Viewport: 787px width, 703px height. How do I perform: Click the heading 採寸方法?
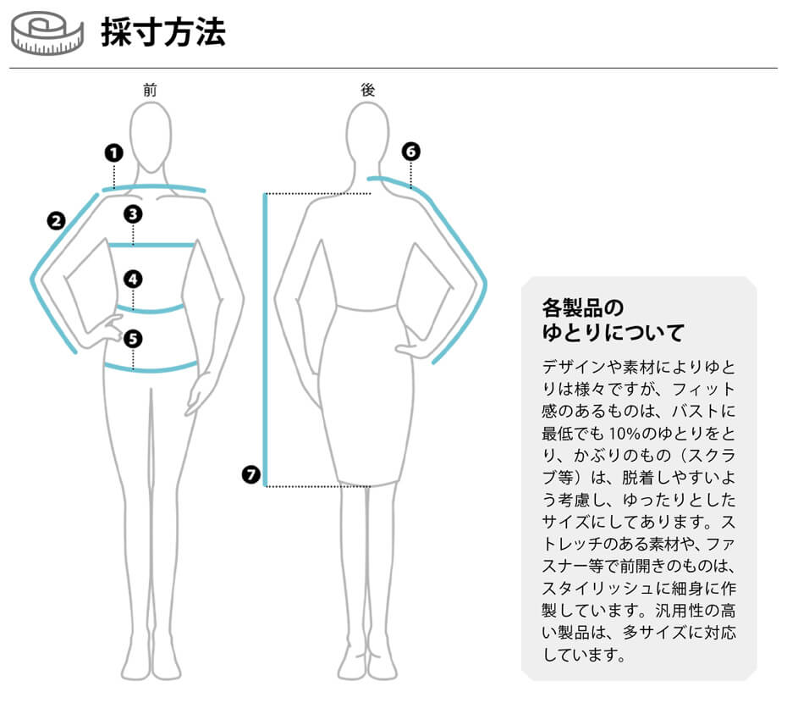click(163, 33)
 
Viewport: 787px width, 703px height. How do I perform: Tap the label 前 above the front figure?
click(151, 91)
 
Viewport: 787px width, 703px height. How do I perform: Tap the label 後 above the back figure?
click(368, 91)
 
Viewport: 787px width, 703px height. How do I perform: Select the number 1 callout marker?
click(113, 152)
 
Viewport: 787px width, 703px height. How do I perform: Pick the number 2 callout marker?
click(57, 221)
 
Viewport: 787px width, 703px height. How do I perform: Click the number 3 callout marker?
click(133, 213)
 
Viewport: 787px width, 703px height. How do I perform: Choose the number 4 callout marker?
click(133, 279)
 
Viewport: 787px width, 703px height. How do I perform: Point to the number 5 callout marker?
click(133, 339)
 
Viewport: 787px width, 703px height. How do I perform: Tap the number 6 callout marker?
click(410, 152)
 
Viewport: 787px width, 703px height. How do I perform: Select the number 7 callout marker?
click(250, 474)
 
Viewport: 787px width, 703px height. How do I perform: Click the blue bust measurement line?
click(152, 246)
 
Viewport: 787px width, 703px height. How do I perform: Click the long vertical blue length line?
click(266, 339)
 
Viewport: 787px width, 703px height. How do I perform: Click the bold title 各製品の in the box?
click(582, 306)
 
